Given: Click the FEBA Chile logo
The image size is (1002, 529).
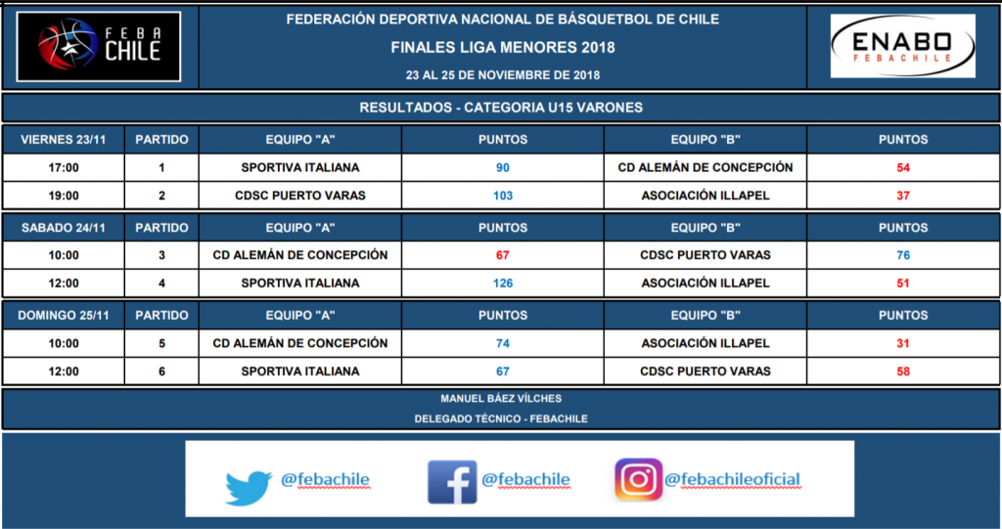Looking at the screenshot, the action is (x=99, y=47).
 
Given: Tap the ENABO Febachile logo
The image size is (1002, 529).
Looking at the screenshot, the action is (x=902, y=46).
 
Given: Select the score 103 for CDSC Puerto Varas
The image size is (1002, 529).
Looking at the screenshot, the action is (x=503, y=196).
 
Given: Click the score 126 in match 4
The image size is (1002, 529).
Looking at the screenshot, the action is (x=503, y=283).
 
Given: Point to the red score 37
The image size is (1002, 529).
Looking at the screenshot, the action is (x=903, y=196).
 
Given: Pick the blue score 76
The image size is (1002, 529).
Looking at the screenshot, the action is (x=903, y=255).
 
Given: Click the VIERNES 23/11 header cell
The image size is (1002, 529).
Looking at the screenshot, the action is (x=64, y=139).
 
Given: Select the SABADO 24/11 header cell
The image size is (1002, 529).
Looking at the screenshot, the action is (x=64, y=228).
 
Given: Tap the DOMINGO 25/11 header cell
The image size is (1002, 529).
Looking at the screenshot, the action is (x=64, y=315).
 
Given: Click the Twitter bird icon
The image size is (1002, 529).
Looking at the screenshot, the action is (x=249, y=488).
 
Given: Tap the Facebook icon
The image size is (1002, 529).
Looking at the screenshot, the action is (x=452, y=482).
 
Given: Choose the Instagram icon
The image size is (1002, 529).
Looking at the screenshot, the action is (x=638, y=479).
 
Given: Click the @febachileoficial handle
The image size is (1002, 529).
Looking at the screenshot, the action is (x=732, y=479).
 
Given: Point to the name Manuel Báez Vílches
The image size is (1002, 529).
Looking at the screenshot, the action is (x=501, y=399).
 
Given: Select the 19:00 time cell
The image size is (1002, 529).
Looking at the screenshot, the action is (x=64, y=196).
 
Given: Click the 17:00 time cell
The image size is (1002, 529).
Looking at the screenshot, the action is (x=64, y=167).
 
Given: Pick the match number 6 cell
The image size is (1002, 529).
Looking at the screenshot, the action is (x=161, y=372).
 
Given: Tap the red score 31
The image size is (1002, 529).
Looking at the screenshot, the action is (x=903, y=343).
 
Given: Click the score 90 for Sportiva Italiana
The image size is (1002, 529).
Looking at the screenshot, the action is (x=503, y=167).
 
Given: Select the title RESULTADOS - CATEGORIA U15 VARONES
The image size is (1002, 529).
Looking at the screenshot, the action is (x=501, y=108).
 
